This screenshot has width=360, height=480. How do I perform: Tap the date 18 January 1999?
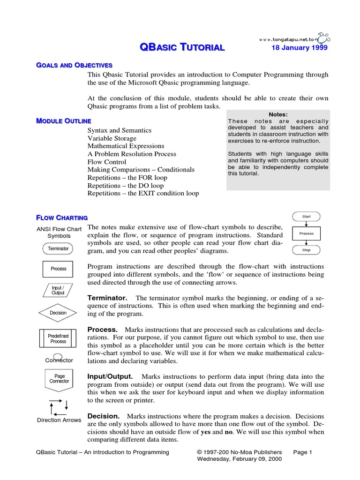tap(300, 48)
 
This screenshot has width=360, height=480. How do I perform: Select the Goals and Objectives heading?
tap(74, 65)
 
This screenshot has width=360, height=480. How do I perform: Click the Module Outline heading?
tap(64, 121)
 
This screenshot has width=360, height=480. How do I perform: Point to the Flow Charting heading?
tap(62, 217)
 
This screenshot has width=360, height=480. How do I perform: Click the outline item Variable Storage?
tap(112, 138)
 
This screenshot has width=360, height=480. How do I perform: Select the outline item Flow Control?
tap(107, 162)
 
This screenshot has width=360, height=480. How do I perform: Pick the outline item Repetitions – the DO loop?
tap(126, 185)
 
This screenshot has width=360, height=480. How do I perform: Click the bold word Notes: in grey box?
tap(278, 114)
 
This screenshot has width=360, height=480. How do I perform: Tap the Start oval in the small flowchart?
tap(306, 217)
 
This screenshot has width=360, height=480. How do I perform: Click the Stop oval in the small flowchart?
tap(306, 250)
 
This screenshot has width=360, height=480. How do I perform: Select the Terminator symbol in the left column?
tap(58, 248)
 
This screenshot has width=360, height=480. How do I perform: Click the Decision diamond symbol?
tap(58, 313)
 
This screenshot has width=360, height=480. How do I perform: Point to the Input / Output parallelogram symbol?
tap(58, 290)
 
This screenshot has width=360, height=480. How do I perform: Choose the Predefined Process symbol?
tap(58, 339)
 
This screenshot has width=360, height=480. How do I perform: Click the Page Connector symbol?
tap(59, 379)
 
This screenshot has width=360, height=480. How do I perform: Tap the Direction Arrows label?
tap(59, 420)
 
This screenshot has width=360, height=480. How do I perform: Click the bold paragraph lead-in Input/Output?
tap(110, 376)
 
